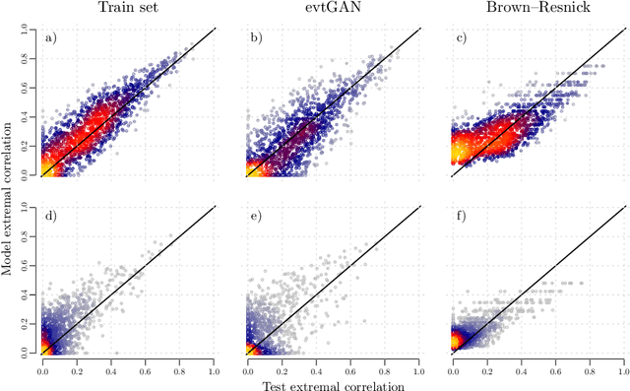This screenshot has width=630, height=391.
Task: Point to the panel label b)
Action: [258, 39]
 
